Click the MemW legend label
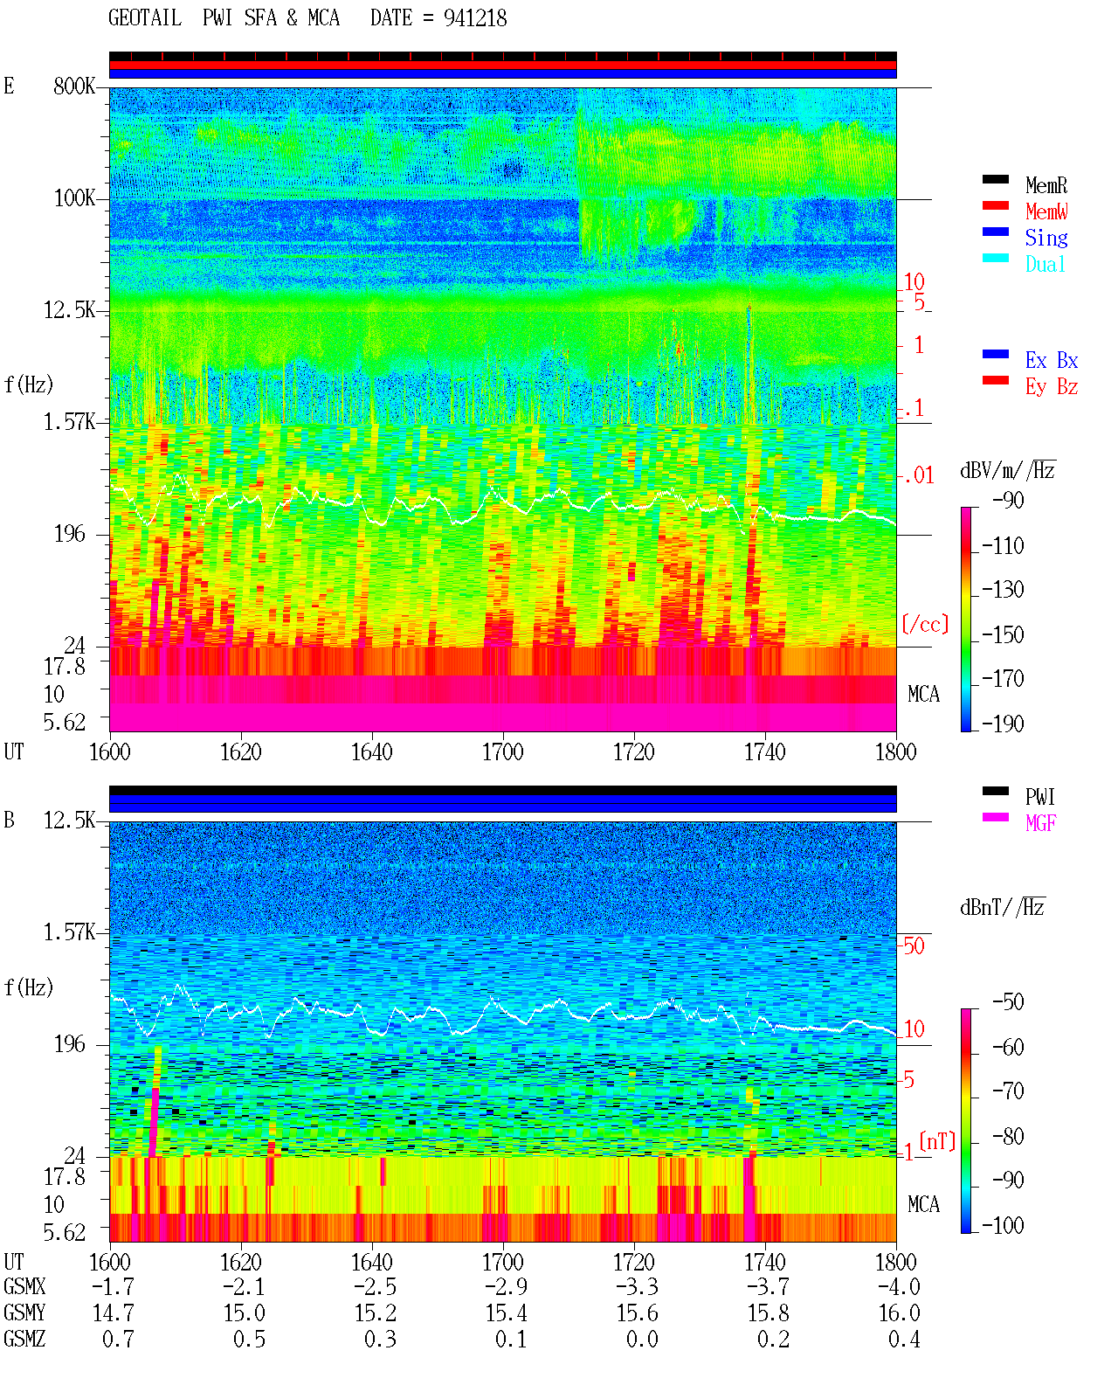coord(1046,211)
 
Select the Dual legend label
coord(1045,264)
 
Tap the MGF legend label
coord(1040,823)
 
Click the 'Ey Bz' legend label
coord(1052,386)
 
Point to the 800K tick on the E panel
coord(74,86)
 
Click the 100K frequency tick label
coord(74,198)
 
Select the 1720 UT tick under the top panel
coord(634,751)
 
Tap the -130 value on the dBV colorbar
coord(1003,590)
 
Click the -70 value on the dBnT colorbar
coord(1008,1091)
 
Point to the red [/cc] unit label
coord(925,624)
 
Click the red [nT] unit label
coord(937,1141)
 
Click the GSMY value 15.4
coord(507,1312)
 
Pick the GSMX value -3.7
coord(768,1286)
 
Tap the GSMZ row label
coord(24,1339)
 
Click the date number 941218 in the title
coord(475,18)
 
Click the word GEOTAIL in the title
coord(145,18)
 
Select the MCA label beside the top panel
coord(923,694)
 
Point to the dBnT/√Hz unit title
coord(1003,907)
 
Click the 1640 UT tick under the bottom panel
coord(372,1262)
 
